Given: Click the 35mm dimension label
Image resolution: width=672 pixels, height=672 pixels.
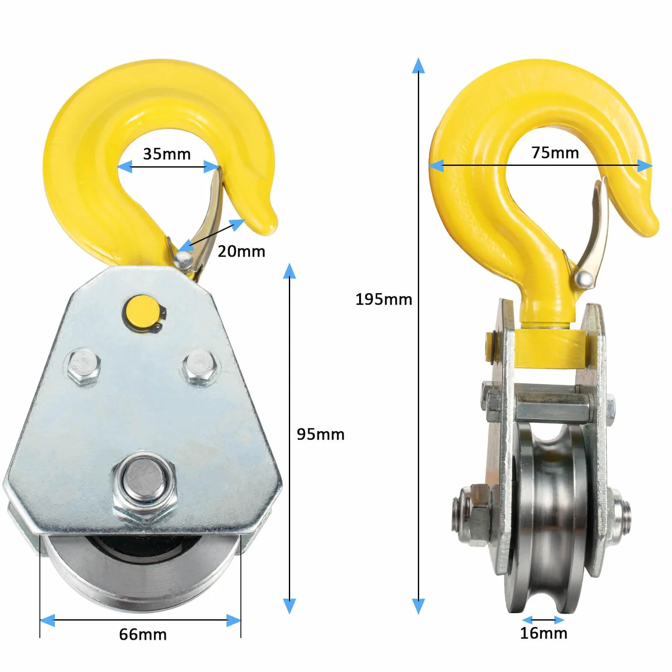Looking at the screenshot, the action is [x=167, y=154].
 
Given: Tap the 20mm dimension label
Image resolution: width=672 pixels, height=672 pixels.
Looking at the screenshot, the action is [x=241, y=252].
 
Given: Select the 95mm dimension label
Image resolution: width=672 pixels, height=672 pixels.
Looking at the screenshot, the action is [x=321, y=435].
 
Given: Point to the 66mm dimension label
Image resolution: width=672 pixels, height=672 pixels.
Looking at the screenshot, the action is [x=143, y=635].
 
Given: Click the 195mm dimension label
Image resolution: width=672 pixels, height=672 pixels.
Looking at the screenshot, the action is [x=384, y=300].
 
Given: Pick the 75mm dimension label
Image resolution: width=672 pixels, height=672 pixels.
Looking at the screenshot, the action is [x=555, y=153].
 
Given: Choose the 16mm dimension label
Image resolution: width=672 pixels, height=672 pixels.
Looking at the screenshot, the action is [x=543, y=633].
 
